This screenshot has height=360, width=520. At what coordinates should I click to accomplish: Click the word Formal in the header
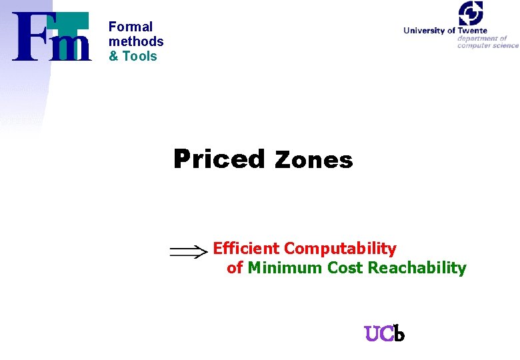click(x=131, y=27)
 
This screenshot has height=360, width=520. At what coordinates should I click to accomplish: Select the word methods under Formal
click(x=136, y=41)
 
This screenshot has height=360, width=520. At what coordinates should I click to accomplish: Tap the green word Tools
click(x=140, y=56)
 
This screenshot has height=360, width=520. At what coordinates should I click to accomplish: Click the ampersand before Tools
click(x=113, y=56)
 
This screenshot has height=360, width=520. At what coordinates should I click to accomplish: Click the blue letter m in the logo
click(x=73, y=47)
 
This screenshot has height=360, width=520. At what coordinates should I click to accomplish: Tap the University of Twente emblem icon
click(x=470, y=13)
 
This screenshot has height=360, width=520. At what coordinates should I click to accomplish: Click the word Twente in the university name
click(x=472, y=31)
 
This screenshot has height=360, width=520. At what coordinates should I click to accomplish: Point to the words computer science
click(x=487, y=45)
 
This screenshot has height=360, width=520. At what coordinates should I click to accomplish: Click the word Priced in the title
click(x=219, y=159)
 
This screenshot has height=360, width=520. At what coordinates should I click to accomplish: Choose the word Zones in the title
click(x=313, y=160)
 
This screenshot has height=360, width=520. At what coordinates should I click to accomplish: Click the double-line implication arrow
click(x=189, y=252)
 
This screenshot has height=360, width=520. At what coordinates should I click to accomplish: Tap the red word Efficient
click(x=246, y=249)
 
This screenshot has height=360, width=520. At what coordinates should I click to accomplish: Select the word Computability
click(x=340, y=249)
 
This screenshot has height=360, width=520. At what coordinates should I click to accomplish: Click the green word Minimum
click(x=285, y=268)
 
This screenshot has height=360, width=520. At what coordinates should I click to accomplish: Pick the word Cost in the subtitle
click(x=345, y=268)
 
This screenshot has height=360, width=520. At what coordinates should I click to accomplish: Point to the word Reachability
click(x=417, y=268)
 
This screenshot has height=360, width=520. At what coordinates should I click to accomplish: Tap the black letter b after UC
click(x=399, y=333)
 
